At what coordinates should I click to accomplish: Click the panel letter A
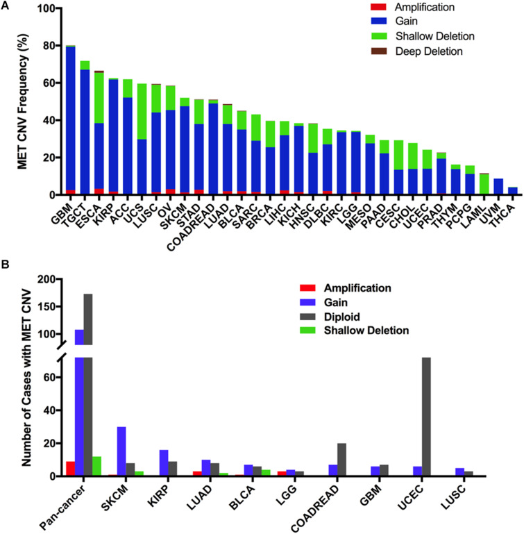click(7, 6)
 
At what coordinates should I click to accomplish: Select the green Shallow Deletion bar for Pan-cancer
click(97, 466)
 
